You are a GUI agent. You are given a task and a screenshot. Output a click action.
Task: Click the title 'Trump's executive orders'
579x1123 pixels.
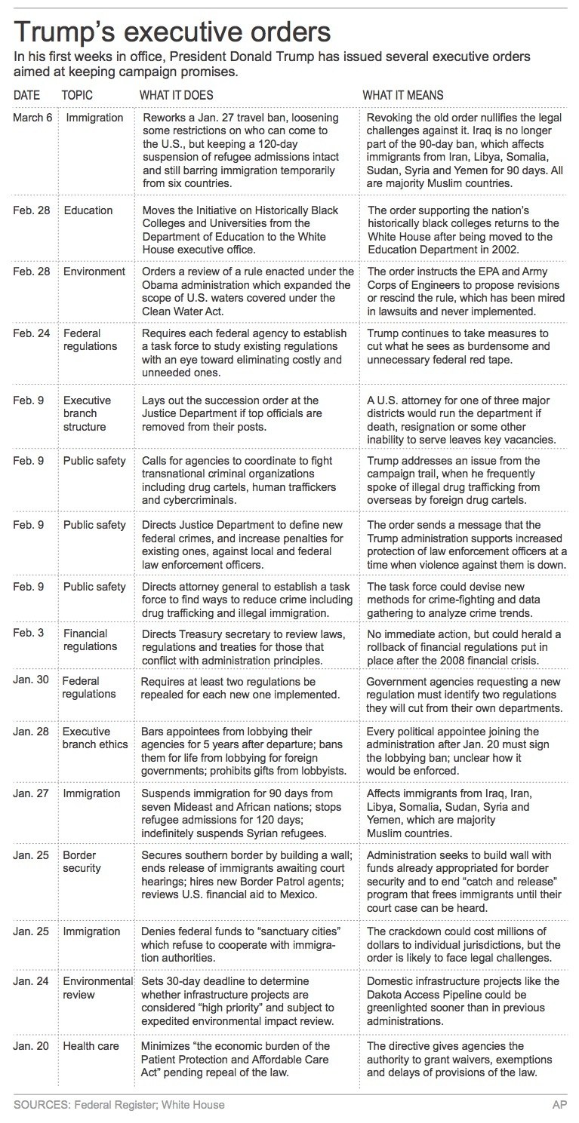171,33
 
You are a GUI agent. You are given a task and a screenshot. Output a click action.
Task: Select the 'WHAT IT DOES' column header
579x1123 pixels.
177,96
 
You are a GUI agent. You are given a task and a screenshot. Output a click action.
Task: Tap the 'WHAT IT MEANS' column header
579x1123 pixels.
403,96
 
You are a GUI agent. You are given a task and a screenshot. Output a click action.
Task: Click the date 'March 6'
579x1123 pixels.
32,118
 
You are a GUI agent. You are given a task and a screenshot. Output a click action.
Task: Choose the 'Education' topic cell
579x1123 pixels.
88,210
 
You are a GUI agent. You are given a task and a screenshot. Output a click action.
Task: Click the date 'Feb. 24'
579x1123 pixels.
32,333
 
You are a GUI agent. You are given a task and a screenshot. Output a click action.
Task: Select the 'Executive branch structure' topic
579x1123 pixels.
87,413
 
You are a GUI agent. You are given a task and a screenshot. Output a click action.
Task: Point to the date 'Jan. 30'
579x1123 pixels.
32,681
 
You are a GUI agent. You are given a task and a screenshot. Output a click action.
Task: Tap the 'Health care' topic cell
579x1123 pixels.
93,1046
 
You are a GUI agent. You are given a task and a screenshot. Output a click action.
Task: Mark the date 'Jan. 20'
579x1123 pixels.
32,1046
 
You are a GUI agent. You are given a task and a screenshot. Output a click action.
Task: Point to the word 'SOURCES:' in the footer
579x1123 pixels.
38,1105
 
